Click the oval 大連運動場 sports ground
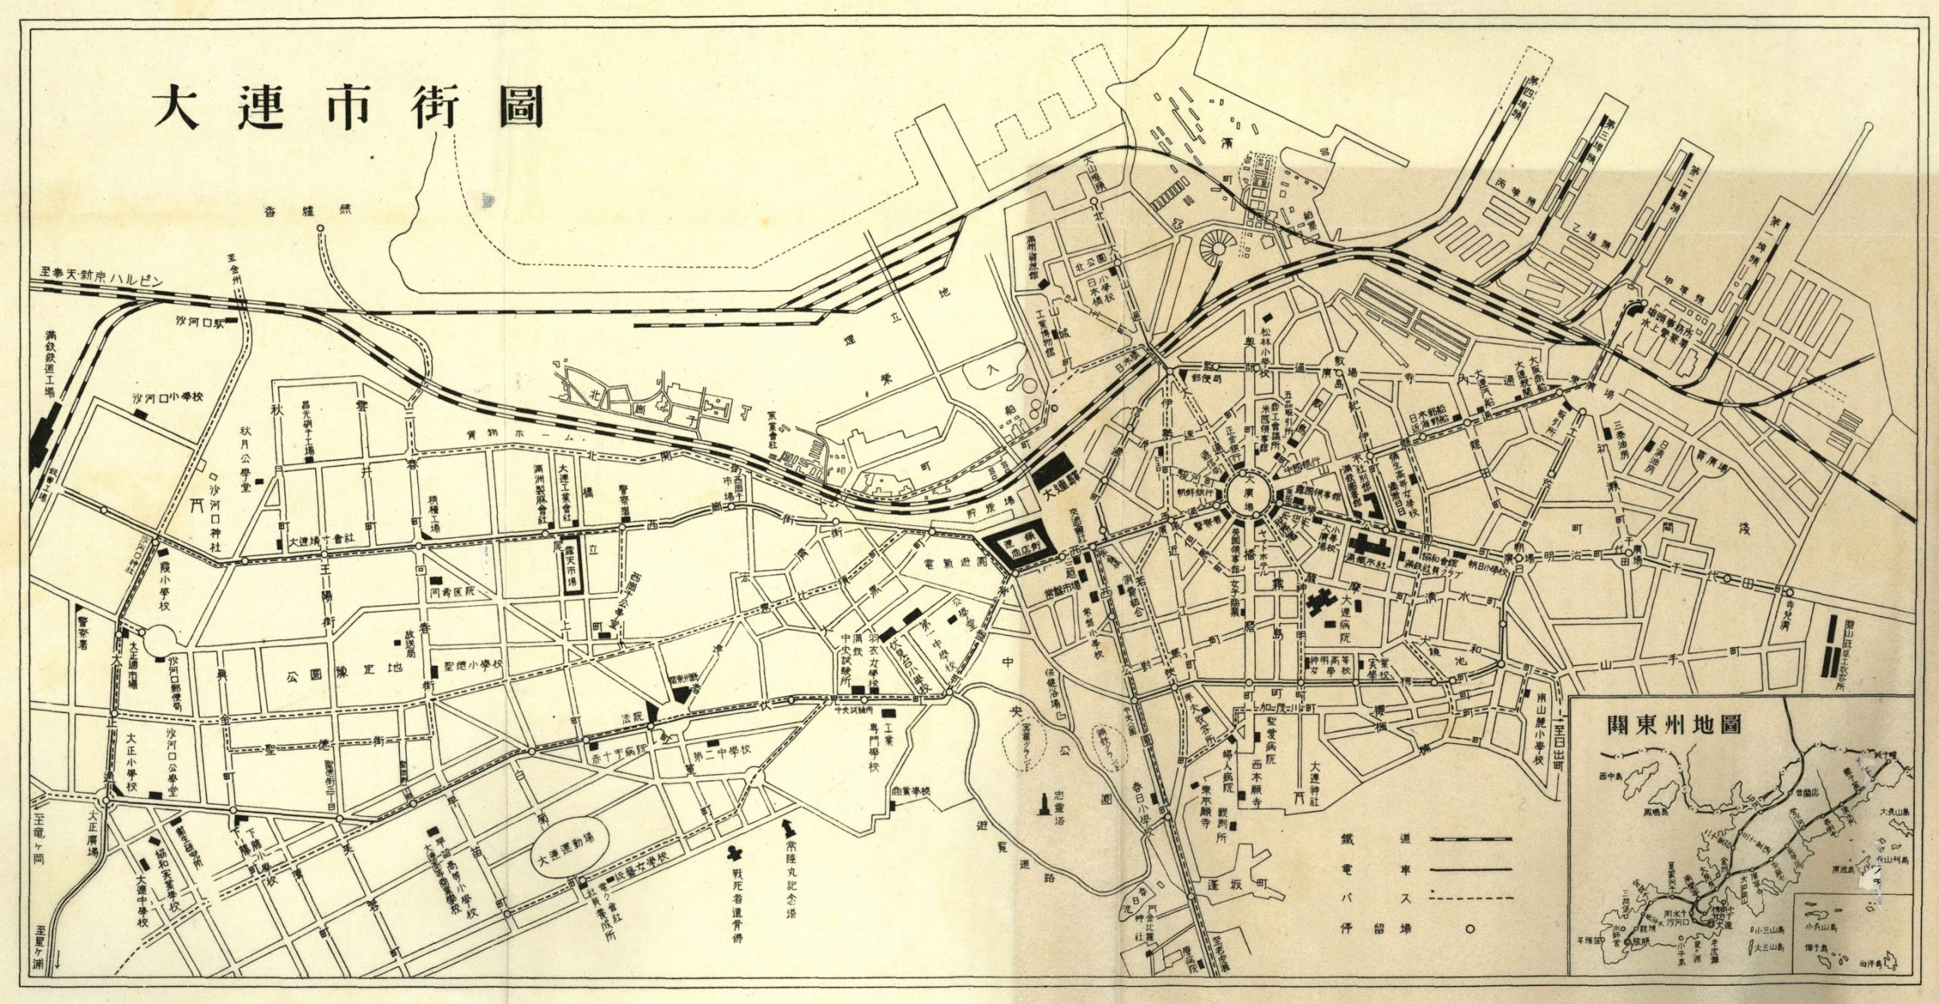coord(573,861)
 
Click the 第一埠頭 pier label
coord(1749,257)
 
